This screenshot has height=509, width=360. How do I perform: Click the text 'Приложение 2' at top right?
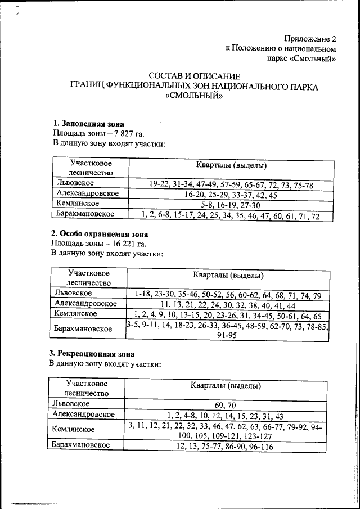coord(309,39)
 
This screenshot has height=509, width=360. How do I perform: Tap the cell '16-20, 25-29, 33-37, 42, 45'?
coord(231,195)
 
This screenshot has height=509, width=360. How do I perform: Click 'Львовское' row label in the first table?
coord(75,183)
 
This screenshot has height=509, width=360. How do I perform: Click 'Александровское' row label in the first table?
coord(88,193)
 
